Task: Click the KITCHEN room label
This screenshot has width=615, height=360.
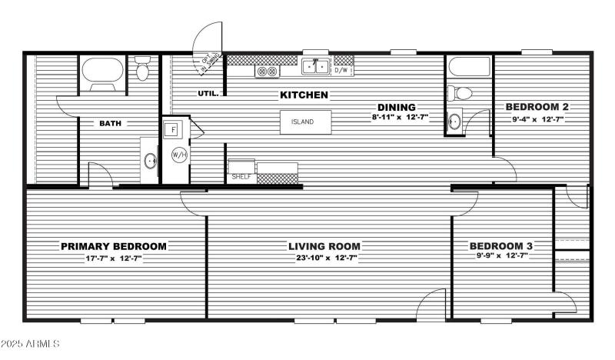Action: [304, 95]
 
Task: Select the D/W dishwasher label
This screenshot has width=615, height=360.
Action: [344, 71]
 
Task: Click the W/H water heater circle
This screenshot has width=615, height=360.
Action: [178, 155]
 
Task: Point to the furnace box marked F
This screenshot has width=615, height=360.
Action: [174, 128]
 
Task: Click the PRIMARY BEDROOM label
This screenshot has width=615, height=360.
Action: [114, 246]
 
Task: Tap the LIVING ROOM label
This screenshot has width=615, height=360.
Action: [324, 246]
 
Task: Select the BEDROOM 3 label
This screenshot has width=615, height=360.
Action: [501, 246]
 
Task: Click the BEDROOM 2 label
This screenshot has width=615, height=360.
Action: [536, 107]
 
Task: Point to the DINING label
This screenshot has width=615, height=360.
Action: [396, 107]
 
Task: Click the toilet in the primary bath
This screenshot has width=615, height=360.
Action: [142, 71]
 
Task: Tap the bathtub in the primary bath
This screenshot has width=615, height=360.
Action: [103, 74]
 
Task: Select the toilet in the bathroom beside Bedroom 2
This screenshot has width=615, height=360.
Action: [462, 93]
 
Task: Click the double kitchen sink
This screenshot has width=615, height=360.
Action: [315, 68]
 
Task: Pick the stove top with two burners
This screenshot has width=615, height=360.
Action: [267, 71]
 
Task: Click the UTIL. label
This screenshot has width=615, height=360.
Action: [208, 94]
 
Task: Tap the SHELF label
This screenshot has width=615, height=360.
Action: [241, 177]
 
